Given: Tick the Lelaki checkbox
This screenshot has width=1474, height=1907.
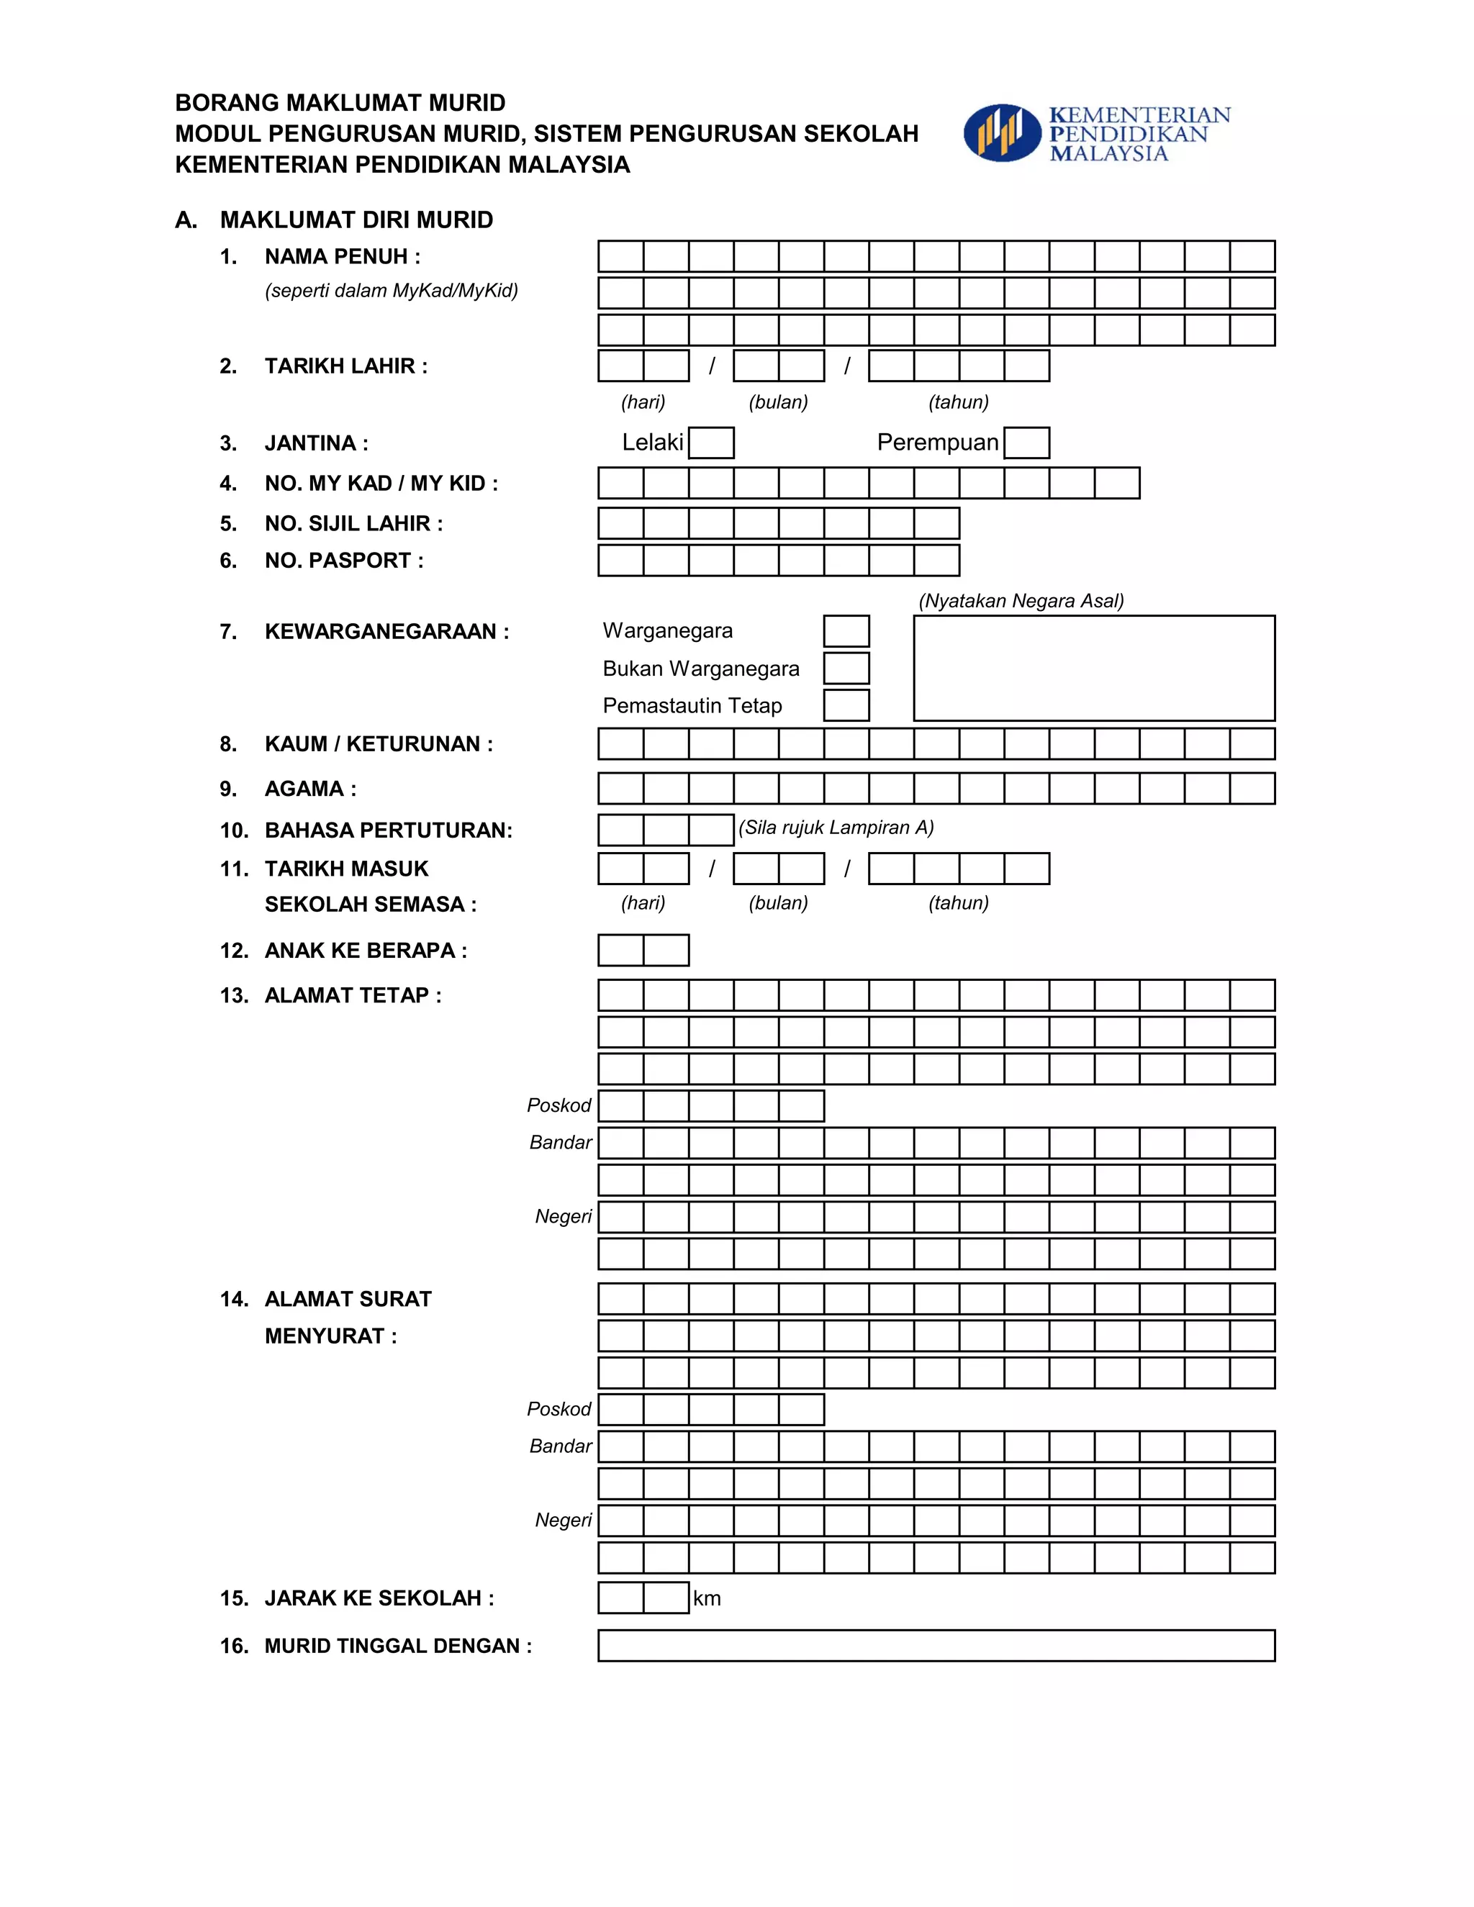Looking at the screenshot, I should click(711, 443).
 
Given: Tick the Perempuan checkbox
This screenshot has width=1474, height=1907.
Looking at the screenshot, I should click(1026, 443).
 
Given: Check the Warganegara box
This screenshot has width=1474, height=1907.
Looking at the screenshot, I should click(846, 631).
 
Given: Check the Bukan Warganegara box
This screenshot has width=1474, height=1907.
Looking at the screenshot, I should click(846, 668).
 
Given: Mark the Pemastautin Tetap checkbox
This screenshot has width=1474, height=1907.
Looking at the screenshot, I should click(846, 705).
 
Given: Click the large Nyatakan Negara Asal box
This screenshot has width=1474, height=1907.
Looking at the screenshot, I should click(1093, 668).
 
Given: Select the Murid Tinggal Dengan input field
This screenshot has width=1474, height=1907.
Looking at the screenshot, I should click(936, 1646).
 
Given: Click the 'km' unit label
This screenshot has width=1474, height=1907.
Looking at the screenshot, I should click(707, 1599).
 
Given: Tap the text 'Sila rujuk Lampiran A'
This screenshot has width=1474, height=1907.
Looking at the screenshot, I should click(836, 828).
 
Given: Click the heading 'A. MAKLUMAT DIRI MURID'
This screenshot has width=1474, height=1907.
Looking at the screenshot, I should click(335, 220).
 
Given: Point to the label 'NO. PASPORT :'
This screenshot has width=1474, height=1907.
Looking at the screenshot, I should click(344, 561).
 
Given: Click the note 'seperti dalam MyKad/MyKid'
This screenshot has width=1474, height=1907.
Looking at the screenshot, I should click(392, 291).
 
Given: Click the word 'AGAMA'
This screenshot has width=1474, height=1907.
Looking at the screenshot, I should click(304, 789).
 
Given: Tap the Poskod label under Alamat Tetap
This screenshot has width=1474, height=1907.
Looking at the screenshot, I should click(559, 1106).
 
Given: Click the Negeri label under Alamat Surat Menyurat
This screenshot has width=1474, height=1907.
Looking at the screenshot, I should click(564, 1520).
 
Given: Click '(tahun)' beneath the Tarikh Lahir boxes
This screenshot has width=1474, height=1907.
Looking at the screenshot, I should click(958, 402).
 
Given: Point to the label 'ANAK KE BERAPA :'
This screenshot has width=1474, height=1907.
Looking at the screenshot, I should click(365, 951).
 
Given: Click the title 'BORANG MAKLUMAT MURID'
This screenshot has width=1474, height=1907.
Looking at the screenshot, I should click(340, 103).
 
